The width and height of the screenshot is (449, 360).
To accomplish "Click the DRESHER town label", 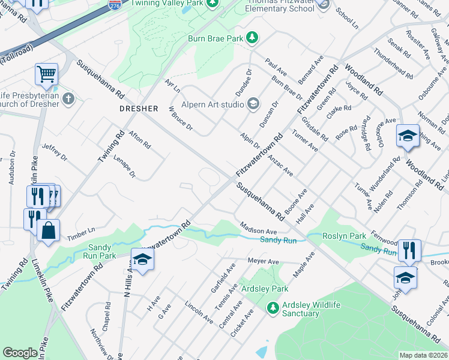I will (138, 109).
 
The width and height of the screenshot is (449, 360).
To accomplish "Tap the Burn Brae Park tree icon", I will (253, 37).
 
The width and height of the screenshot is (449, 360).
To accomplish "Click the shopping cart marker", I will (46, 75).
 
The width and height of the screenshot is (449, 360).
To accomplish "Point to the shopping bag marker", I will (48, 230).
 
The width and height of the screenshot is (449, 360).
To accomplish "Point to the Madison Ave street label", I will (258, 229).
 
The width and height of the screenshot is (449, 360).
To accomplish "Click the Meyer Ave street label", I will (264, 262).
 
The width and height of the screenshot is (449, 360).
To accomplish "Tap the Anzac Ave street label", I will (280, 165).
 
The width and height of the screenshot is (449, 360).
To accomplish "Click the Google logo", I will (20, 353).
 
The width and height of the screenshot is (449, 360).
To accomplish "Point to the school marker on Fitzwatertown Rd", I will (143, 259).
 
